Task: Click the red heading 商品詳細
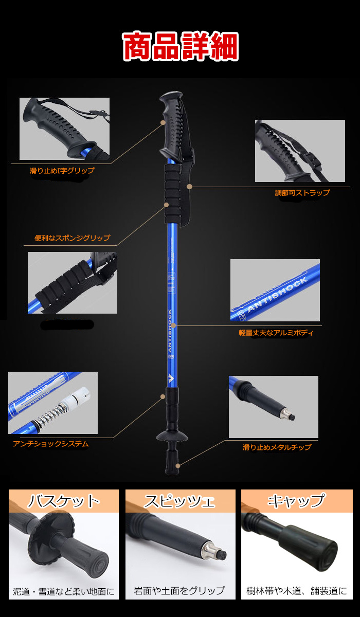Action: (x=180, y=47)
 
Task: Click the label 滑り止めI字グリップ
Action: (x=62, y=170)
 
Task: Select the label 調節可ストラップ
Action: (x=302, y=193)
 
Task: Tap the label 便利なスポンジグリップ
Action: (x=72, y=238)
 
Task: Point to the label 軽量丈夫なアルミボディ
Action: (x=276, y=333)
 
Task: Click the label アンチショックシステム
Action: (x=50, y=444)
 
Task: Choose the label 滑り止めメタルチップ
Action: (x=277, y=447)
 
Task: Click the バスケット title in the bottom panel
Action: (x=63, y=501)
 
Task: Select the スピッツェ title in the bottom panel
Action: (x=179, y=501)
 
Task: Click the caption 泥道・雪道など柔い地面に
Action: (x=64, y=591)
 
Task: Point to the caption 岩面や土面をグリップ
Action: (x=179, y=591)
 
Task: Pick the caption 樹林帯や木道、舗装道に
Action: (x=296, y=591)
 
